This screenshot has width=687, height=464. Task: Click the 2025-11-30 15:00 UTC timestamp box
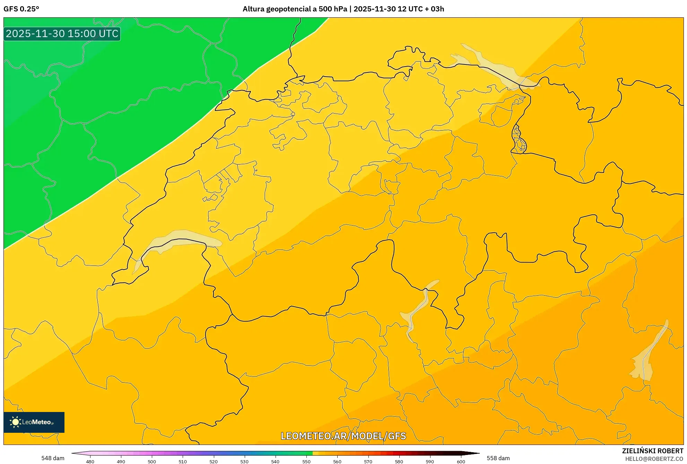click(x=62, y=34)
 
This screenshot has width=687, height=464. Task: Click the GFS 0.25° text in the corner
click(x=21, y=9)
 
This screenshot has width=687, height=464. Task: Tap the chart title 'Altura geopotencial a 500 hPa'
click(x=295, y=9)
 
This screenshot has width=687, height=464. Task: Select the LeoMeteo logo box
click(x=34, y=422)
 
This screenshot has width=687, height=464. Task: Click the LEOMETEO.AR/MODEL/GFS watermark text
click(x=343, y=436)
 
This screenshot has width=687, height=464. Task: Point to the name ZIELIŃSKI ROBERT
click(x=652, y=451)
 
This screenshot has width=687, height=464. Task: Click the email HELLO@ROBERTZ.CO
click(x=654, y=459)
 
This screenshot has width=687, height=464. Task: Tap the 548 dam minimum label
click(x=53, y=458)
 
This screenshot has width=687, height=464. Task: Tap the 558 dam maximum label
click(x=498, y=458)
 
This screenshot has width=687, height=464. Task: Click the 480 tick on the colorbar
click(x=90, y=461)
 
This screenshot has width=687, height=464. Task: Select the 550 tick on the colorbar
click(x=306, y=461)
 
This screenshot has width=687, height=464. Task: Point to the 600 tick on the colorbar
click(x=461, y=461)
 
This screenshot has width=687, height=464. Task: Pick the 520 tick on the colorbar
click(x=214, y=461)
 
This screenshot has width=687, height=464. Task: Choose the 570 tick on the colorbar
click(x=368, y=461)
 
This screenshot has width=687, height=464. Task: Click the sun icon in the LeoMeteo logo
click(x=15, y=422)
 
